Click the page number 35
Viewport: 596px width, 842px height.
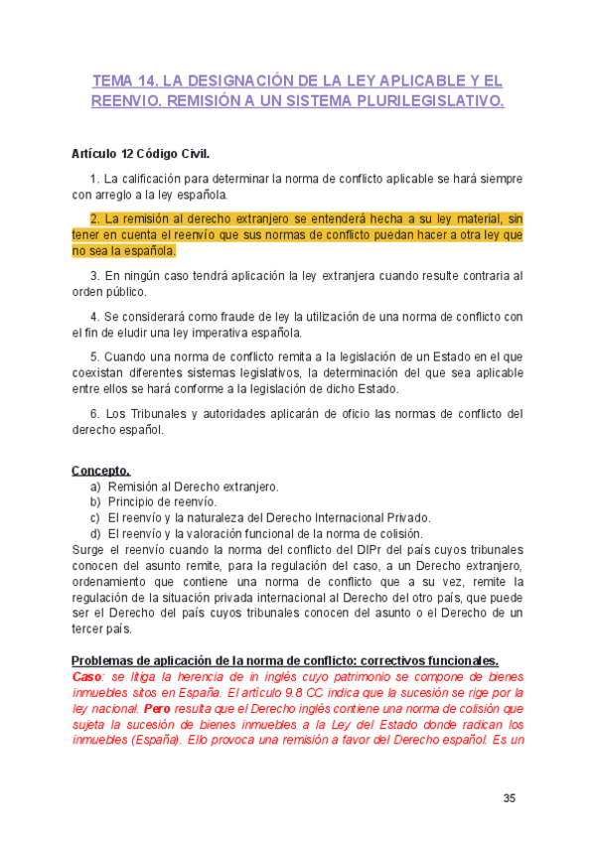coord(509,797)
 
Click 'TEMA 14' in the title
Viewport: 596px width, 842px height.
coord(122,79)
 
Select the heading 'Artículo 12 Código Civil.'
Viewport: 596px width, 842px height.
coord(141,156)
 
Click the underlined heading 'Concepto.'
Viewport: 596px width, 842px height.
coord(100,471)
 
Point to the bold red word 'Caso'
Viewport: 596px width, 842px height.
coord(85,676)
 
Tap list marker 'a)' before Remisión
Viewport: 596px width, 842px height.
coord(95,487)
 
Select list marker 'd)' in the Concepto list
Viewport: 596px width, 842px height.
coord(95,532)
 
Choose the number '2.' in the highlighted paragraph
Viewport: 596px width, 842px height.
coord(95,218)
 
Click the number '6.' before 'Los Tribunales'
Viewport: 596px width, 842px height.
coord(95,414)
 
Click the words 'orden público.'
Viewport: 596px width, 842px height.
coord(109,292)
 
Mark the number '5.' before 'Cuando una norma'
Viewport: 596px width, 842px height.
coord(95,356)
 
